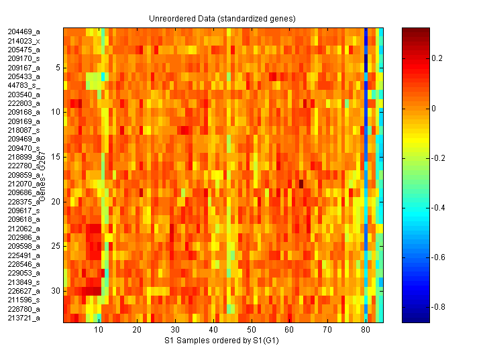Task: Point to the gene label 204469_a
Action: (24, 32)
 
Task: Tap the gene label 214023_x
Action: (24, 41)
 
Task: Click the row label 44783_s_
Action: (24, 85)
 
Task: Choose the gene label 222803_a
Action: (24, 103)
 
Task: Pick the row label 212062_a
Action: (24, 229)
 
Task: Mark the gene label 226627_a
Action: (24, 291)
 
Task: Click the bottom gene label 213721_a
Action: (24, 318)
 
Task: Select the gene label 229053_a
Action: (24, 273)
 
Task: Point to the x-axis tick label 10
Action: (99, 330)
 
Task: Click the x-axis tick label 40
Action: (213, 330)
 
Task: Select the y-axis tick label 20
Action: (56, 202)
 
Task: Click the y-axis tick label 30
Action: (56, 291)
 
